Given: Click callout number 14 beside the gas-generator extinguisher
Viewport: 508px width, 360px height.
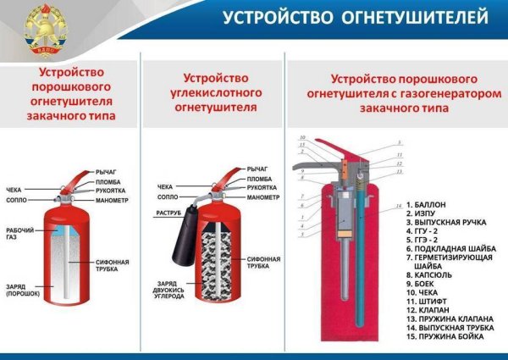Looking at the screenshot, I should [398, 207].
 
